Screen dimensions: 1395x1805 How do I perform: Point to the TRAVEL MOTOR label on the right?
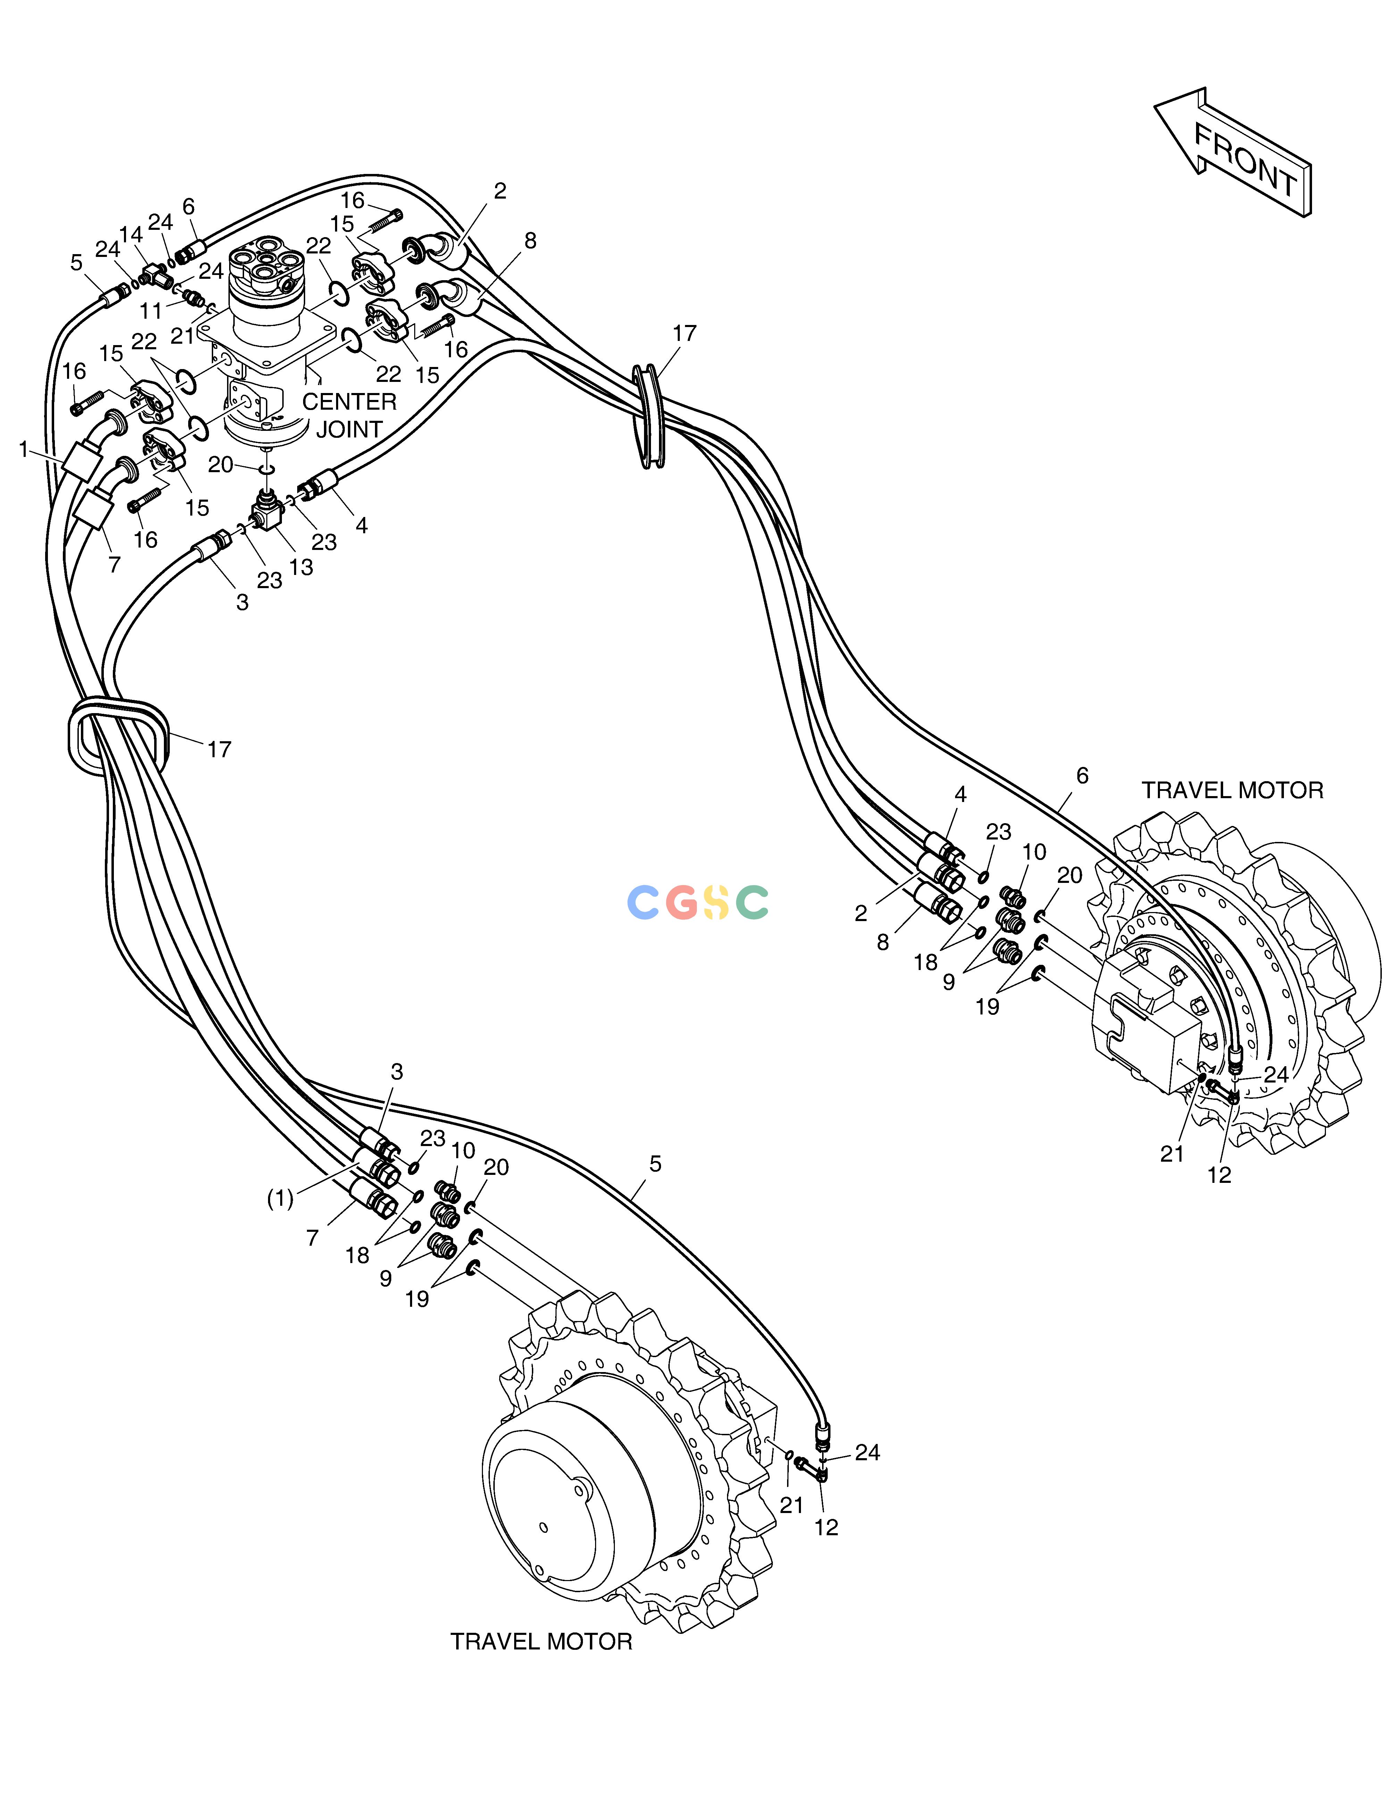point(1232,791)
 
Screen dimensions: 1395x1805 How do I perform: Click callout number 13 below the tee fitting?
point(301,567)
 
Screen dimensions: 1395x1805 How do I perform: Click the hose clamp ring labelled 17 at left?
point(118,735)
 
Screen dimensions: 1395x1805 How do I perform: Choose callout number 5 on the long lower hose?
point(655,1164)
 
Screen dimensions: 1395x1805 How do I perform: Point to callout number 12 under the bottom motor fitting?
point(826,1527)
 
